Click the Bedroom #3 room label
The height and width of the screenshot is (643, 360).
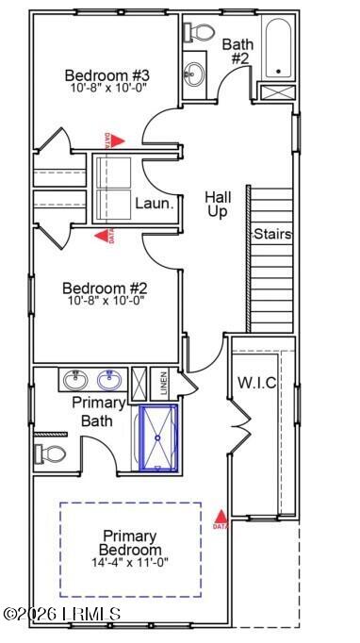point(106,75)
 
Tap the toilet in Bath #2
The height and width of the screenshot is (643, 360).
point(199,31)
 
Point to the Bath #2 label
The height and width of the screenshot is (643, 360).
point(236,50)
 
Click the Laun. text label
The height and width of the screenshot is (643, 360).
point(152,202)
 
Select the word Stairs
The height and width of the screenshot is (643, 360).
point(271,234)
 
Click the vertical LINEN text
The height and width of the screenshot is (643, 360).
point(163,382)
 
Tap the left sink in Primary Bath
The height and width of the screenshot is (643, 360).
point(75,380)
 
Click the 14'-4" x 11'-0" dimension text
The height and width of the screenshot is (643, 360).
point(131,564)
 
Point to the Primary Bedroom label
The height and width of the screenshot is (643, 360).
point(131,541)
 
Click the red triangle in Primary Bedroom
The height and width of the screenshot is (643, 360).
point(220,517)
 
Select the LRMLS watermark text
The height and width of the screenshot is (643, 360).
point(62,614)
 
